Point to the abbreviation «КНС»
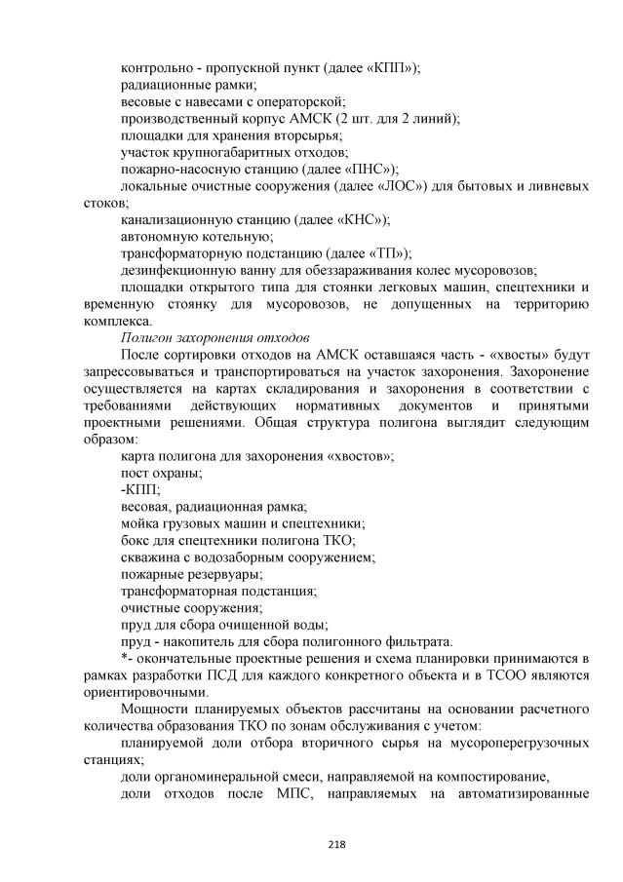click(x=357, y=219)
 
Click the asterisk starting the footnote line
click(x=124, y=657)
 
